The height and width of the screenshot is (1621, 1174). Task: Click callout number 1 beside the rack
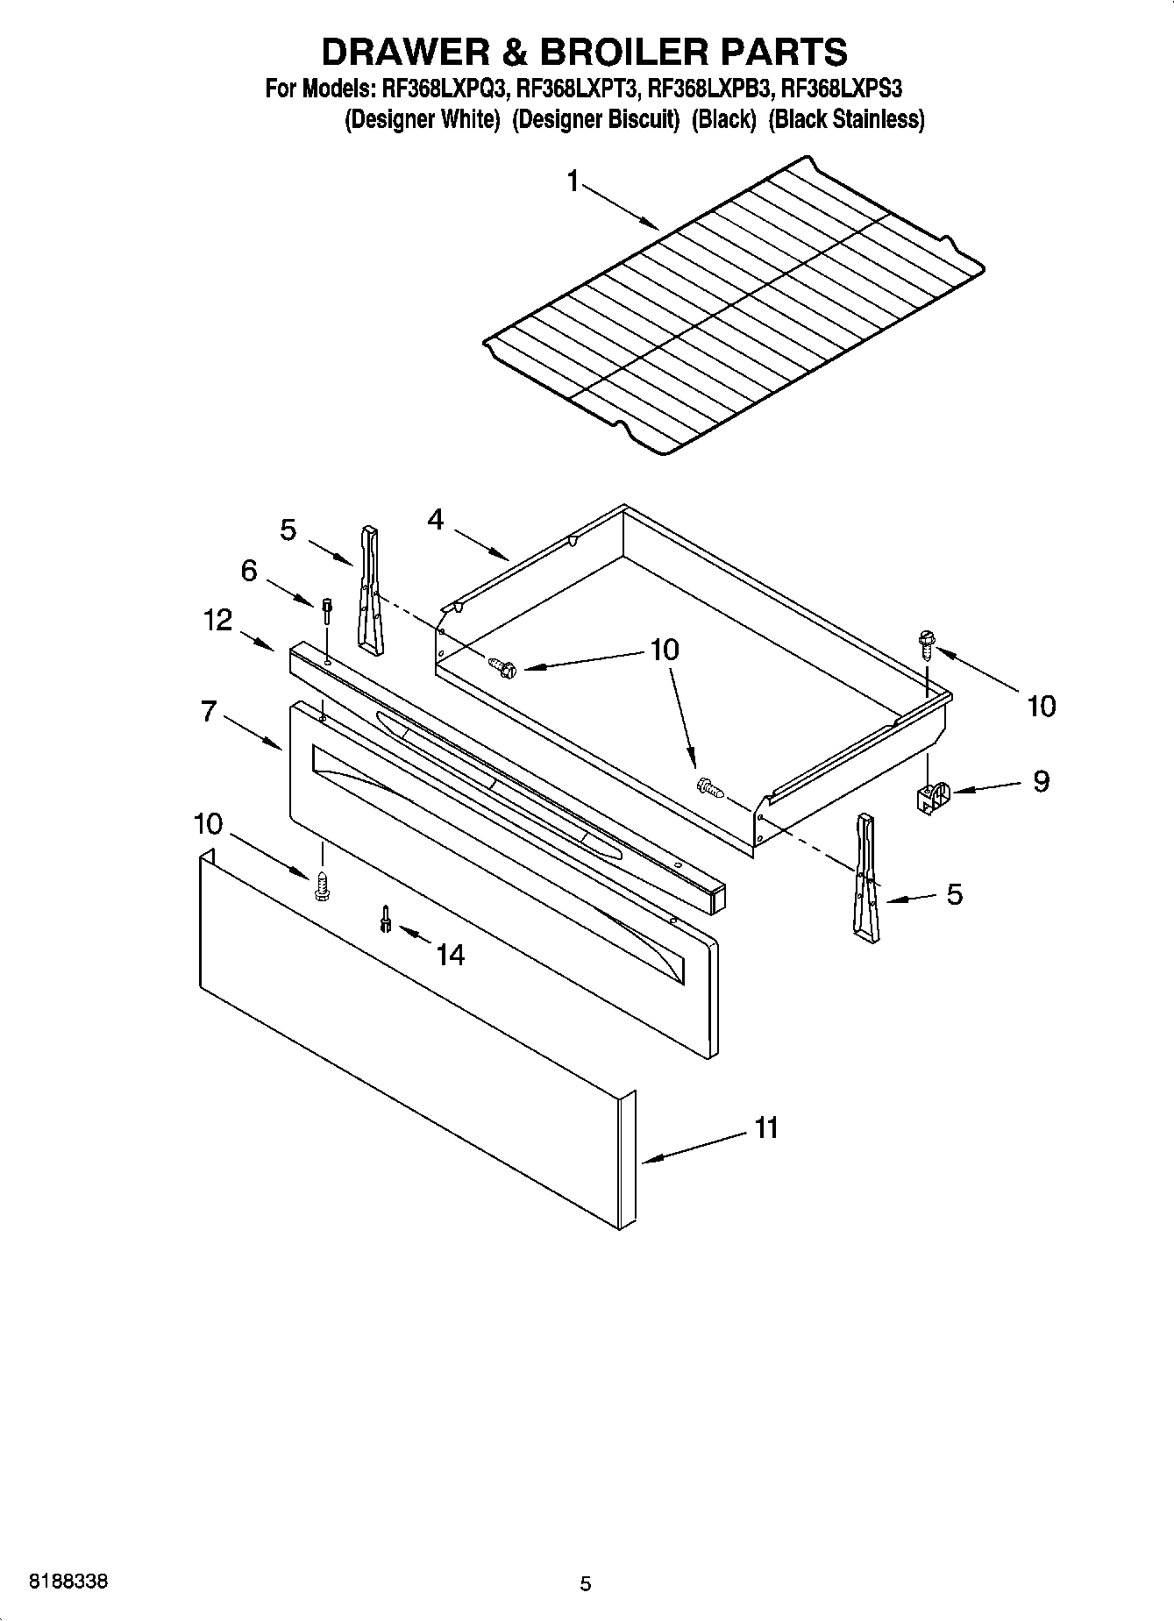[573, 182]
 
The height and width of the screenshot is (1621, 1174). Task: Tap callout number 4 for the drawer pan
[436, 521]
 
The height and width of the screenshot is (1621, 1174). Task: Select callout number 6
[250, 572]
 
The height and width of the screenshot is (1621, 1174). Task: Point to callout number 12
[217, 621]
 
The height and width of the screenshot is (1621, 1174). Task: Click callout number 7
[209, 711]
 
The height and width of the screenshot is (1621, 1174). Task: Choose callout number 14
[450, 955]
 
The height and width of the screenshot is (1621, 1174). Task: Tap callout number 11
[766, 1127]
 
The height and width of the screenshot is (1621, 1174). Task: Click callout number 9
[1041, 781]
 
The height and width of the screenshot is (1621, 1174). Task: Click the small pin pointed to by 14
[385, 919]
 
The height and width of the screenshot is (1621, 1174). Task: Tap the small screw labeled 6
[326, 608]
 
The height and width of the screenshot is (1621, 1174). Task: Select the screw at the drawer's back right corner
[925, 643]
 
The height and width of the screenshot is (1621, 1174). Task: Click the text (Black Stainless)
[846, 120]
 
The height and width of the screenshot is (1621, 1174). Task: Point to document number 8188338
[69, 1582]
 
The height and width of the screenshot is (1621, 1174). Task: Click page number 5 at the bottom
[586, 1583]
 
